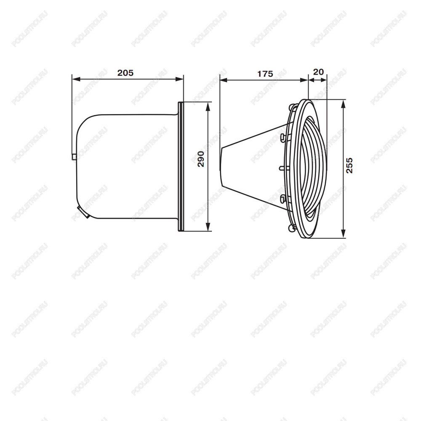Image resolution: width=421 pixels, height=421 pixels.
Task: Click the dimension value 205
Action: pos(125,73)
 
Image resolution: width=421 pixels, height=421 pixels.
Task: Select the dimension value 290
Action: pos(201,159)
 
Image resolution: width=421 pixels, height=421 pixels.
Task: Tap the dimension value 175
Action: pos(265,74)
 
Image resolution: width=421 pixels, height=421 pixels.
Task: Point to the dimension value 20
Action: pos(318,72)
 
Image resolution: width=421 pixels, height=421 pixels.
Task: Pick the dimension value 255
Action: pos(349,165)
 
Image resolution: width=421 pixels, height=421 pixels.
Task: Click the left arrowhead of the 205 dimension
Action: pos(76,79)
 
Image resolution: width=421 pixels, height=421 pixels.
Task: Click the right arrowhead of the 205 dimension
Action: pos(179,79)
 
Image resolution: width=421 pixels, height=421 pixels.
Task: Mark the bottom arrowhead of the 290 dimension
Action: pos(208,227)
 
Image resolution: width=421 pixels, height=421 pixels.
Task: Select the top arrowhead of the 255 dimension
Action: pos(343,104)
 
